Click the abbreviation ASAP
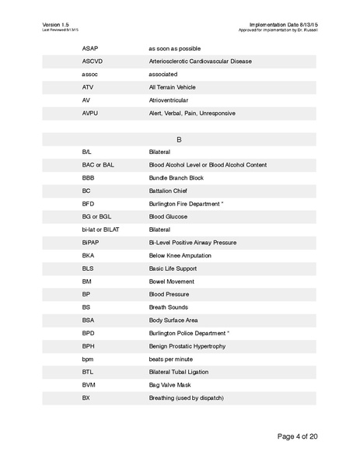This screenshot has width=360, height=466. point(90,47)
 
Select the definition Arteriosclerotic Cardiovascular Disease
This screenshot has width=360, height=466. point(199,61)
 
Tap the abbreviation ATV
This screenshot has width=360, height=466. point(87,87)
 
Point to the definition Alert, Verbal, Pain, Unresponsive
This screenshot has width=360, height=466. point(191,114)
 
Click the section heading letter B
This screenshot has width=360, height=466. point(179,139)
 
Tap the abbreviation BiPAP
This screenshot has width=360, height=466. point(91,244)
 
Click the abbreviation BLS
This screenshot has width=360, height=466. point(88,269)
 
